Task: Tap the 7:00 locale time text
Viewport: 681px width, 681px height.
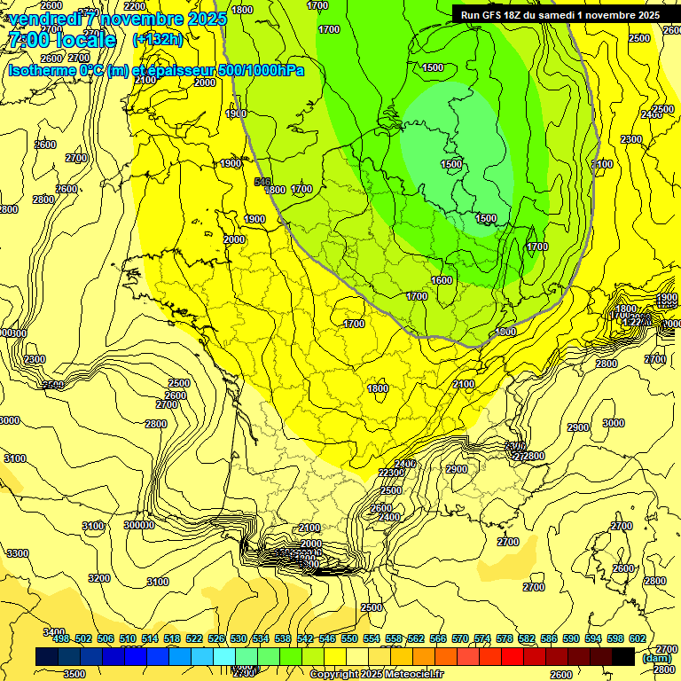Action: pyautogui.click(x=61, y=40)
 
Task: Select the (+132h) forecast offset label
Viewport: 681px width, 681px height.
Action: pyautogui.click(x=158, y=39)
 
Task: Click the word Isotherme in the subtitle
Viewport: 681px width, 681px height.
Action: pyautogui.click(x=41, y=70)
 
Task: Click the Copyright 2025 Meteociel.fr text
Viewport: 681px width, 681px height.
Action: pyautogui.click(x=377, y=675)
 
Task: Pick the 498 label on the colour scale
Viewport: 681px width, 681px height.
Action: pyautogui.click(x=61, y=638)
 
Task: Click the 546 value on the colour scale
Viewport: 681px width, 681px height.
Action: pyautogui.click(x=326, y=638)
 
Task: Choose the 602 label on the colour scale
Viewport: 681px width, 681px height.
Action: pyautogui.click(x=637, y=638)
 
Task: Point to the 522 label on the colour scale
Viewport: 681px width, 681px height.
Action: pyautogui.click(x=194, y=638)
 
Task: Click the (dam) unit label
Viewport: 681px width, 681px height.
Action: pyautogui.click(x=656, y=658)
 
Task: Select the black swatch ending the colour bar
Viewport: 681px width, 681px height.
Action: pyautogui.click(x=623, y=657)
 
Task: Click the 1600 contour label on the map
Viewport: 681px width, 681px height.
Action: pyautogui.click(x=442, y=280)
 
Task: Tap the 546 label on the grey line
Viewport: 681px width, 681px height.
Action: pyautogui.click(x=262, y=183)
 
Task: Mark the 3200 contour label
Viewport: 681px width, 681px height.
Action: pyautogui.click(x=99, y=578)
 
